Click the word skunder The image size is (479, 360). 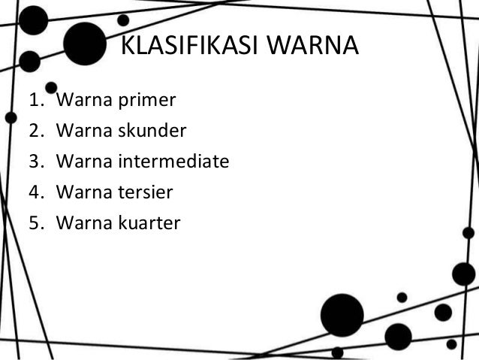click(152, 132)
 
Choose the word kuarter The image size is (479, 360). click(150, 222)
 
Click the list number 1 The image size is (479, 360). click(36, 101)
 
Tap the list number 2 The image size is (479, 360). click(36, 132)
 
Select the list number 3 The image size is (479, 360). click(36, 162)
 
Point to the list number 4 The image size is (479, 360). click(36, 192)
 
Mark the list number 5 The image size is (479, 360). click(36, 222)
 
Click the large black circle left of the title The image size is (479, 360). click(83, 44)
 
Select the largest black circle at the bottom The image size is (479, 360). click(342, 315)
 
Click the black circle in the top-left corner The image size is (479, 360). click(33, 20)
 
